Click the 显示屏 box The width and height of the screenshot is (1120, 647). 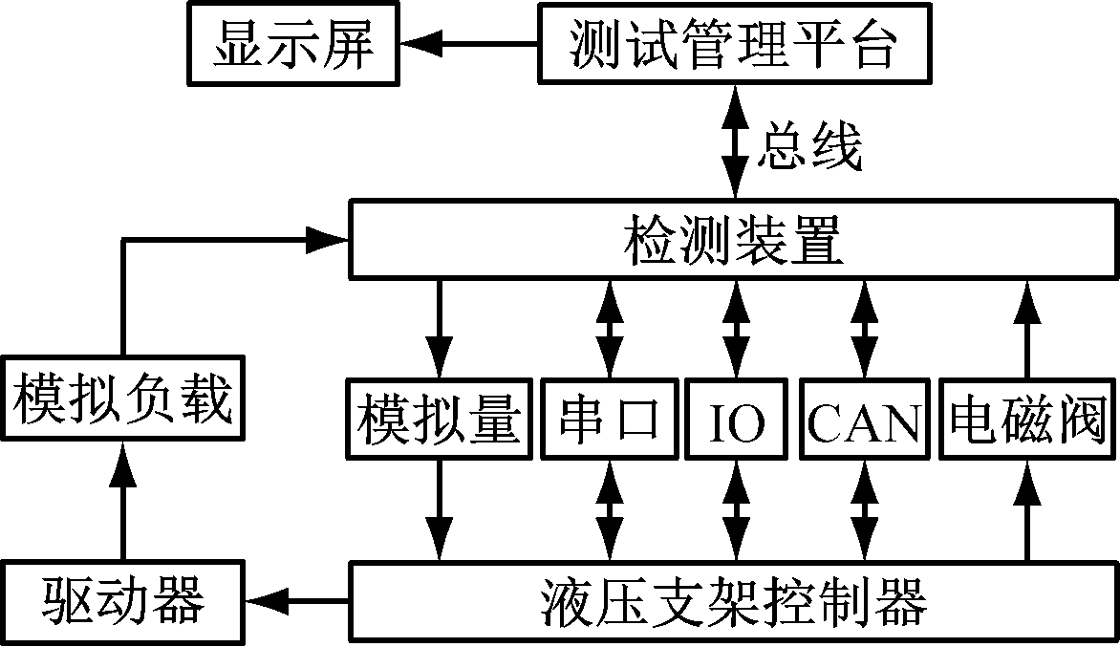click(293, 44)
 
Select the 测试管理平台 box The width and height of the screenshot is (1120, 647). click(733, 44)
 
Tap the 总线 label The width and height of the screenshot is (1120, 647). click(810, 145)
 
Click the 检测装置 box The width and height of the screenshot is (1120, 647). click(734, 239)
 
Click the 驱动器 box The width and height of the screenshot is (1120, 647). click(122, 600)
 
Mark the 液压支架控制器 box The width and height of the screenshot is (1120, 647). click(734, 600)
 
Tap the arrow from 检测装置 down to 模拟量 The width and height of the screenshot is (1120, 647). click(440, 329)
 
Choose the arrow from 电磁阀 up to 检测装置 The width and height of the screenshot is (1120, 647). click(1028, 329)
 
